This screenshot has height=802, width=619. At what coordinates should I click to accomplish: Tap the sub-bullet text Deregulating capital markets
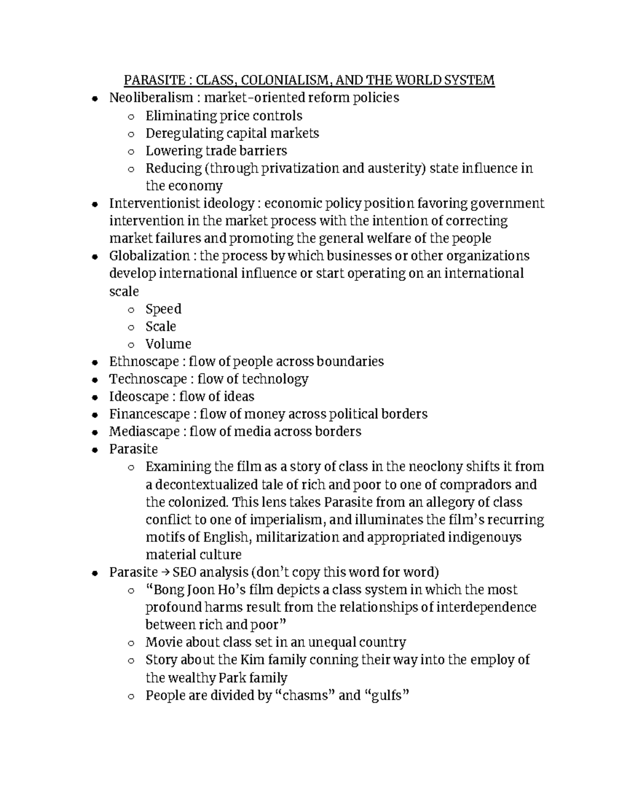point(232,133)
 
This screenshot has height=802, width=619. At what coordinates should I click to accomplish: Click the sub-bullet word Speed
point(164,309)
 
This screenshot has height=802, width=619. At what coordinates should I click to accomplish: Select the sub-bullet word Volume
point(168,344)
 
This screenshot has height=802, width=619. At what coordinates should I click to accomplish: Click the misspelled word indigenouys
point(484,537)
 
